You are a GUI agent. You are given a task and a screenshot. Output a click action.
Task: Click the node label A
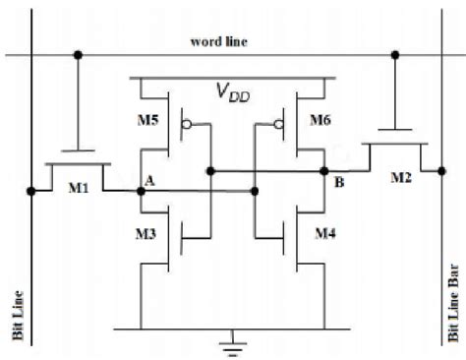pos(149,181)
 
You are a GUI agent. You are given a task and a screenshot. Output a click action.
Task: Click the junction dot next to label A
pos(140,192)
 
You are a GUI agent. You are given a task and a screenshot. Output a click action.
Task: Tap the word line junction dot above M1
pos(78,55)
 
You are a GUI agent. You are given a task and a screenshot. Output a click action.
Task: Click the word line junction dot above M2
pos(393,55)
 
